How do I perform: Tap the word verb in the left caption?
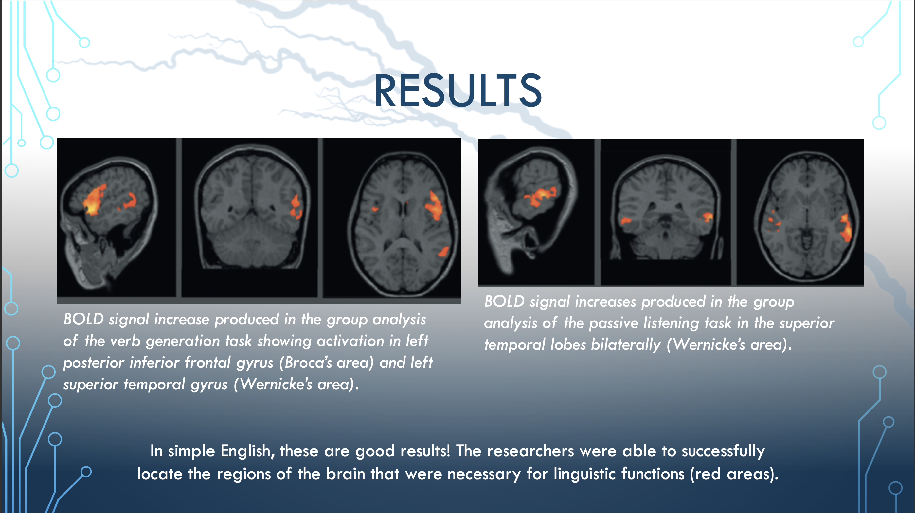pos(125,341)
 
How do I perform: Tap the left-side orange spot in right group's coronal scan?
pos(625,221)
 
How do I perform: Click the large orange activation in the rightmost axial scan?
pos(845,228)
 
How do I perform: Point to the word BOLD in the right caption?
pos(504,301)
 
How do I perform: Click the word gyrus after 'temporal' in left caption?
pos(209,385)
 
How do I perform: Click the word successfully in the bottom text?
pos(723,451)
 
